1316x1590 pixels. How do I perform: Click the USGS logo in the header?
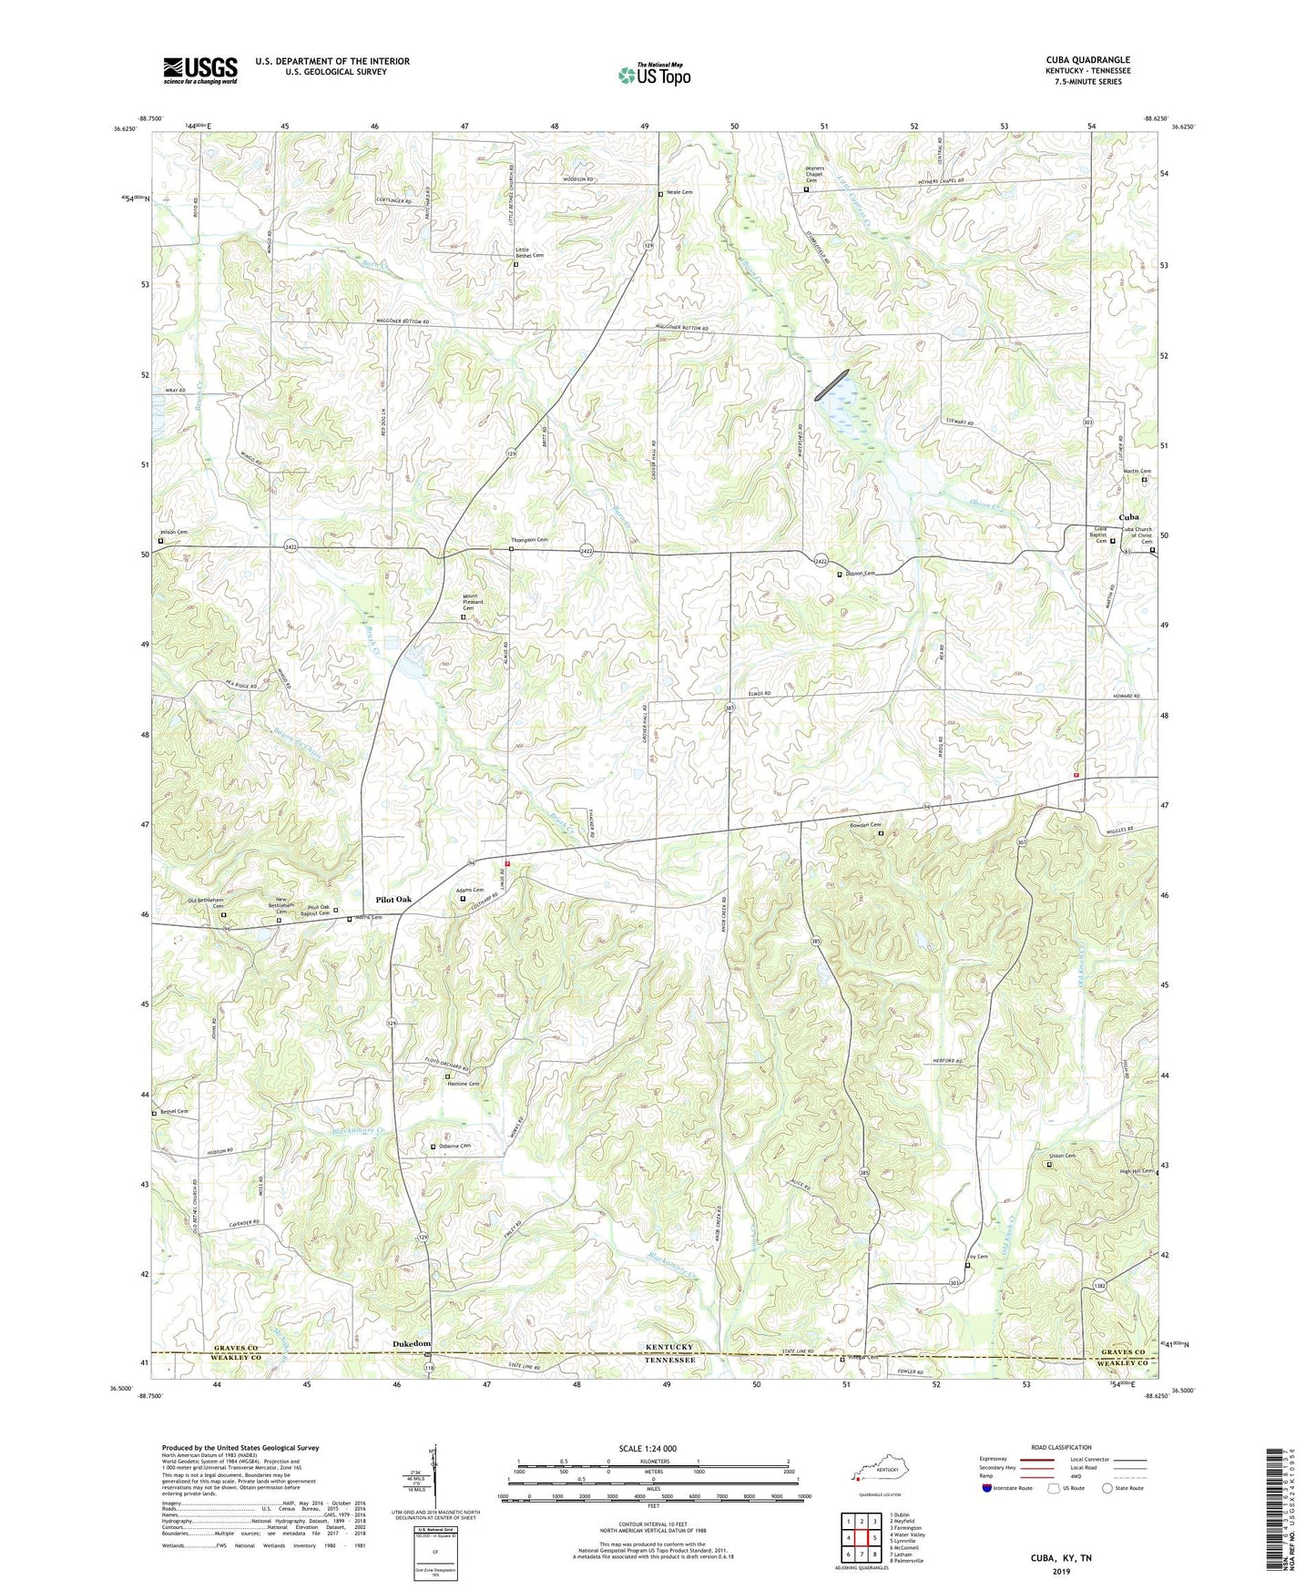coord(200,70)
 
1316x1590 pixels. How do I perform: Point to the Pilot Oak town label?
coord(393,899)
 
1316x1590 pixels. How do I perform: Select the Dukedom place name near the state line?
coord(411,1344)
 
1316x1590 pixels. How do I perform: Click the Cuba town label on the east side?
coord(1127,517)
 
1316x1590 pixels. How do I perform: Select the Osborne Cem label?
coord(454,1146)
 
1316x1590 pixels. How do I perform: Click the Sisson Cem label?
coord(1063,1157)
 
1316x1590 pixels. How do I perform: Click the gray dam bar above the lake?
coord(831,384)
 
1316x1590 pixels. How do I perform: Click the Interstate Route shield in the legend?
coord(987,1489)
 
